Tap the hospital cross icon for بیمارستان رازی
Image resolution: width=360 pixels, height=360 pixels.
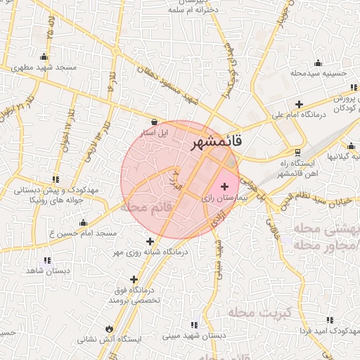225,187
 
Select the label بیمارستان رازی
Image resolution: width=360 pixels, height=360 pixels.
223,199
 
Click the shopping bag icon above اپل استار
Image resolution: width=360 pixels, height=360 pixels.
154,122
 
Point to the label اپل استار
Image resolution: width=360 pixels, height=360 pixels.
154,132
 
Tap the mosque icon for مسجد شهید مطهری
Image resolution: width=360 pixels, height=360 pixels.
44,57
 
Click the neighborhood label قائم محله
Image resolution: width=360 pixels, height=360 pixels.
146,207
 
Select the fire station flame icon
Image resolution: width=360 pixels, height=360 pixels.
109,328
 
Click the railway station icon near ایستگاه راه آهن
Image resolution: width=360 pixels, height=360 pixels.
297,153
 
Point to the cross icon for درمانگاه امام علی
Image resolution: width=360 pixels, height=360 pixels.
300,105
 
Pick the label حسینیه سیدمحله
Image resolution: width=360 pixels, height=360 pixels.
319,72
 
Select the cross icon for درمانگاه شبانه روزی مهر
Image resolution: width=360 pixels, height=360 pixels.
150,241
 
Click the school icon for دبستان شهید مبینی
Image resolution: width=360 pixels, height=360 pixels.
194,325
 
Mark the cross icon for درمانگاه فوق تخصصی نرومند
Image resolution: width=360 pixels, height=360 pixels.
134,279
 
